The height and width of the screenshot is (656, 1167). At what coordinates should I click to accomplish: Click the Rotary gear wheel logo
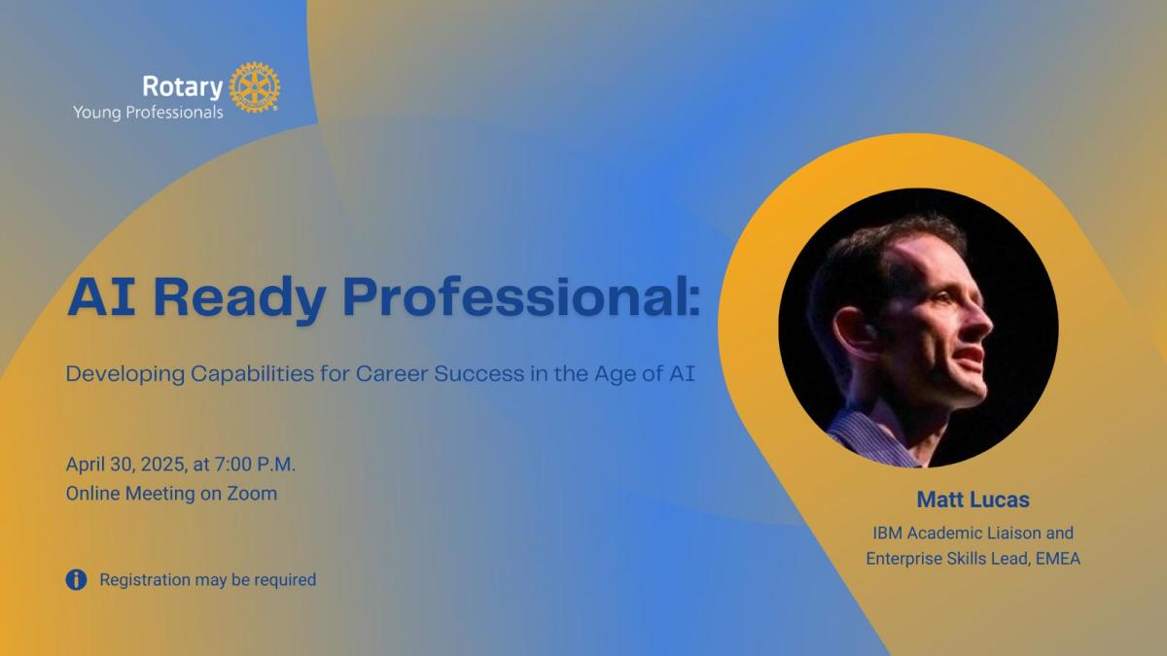(254, 86)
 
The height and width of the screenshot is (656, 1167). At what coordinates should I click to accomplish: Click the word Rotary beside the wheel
(183, 86)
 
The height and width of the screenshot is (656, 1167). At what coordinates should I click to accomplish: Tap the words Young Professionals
(148, 113)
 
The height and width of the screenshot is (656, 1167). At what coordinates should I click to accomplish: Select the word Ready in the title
(239, 297)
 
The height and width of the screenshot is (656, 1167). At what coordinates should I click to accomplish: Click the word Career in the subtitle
(392, 373)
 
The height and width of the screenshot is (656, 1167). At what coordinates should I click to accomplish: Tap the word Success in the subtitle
(479, 373)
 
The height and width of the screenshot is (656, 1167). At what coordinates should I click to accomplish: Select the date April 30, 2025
(125, 465)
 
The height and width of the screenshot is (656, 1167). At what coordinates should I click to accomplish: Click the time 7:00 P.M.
(255, 464)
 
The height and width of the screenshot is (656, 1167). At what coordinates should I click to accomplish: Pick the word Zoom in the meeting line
(252, 493)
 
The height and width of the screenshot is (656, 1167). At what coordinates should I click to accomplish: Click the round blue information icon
(76, 579)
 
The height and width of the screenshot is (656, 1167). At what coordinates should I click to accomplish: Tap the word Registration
(145, 580)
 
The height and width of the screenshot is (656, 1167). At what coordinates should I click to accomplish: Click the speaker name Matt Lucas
(973, 500)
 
